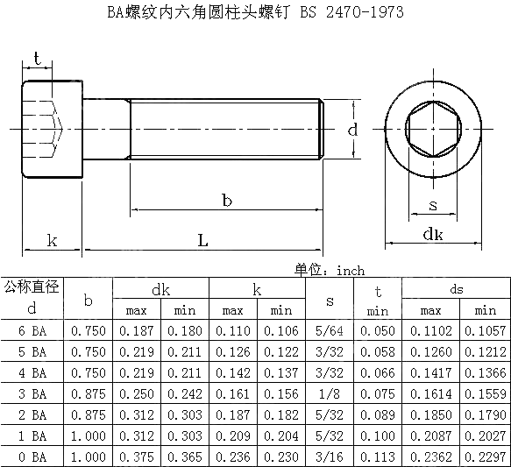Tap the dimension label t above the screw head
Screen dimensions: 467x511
click(x=36, y=58)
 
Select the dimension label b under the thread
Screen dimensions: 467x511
click(x=226, y=201)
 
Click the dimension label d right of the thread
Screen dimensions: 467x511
click(x=351, y=130)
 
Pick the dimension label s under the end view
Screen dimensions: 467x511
click(x=433, y=205)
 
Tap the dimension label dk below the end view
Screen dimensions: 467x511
click(x=432, y=234)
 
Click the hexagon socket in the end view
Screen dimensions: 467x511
click(x=433, y=130)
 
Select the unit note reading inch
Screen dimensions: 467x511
click(x=350, y=271)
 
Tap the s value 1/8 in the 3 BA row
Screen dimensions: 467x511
click(x=330, y=393)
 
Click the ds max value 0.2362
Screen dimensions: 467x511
click(x=431, y=456)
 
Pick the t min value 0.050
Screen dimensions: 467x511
click(x=378, y=329)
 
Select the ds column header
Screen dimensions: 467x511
click(x=457, y=289)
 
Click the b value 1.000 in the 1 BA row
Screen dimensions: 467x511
click(x=88, y=435)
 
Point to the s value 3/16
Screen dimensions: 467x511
click(x=330, y=456)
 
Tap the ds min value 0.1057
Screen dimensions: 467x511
click(x=486, y=329)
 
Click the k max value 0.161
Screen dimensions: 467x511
click(x=232, y=393)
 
